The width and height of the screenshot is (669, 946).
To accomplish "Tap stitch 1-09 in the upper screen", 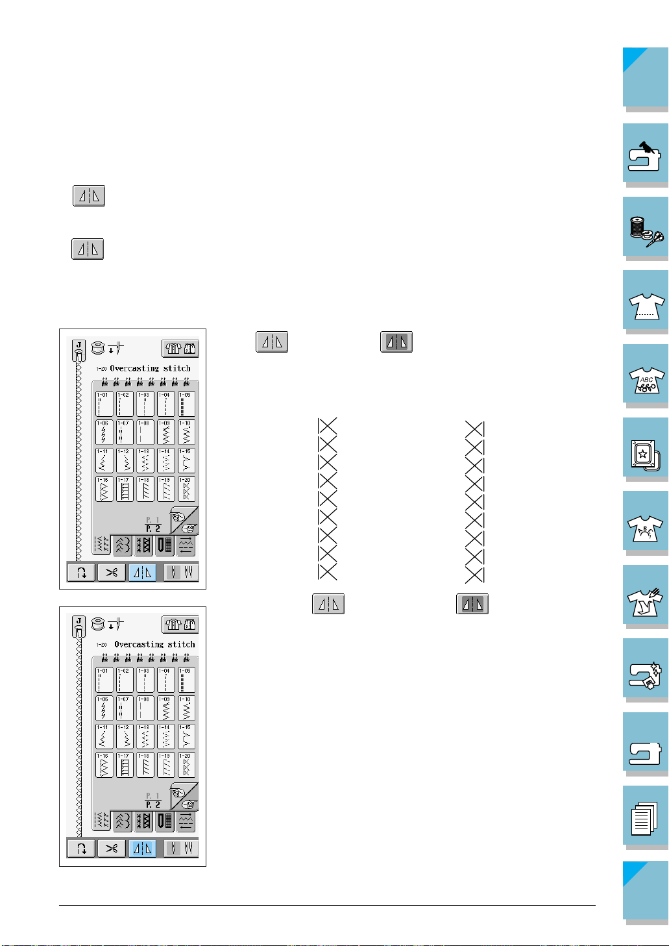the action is (x=165, y=432).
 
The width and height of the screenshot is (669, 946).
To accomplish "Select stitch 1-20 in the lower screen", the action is (x=186, y=764).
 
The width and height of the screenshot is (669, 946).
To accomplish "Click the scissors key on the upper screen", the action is (x=112, y=573).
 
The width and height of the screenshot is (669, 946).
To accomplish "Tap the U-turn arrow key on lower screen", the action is (x=81, y=848).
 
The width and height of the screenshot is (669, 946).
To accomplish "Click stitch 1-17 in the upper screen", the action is (x=124, y=489).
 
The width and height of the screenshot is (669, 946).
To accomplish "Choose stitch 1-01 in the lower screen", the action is (x=103, y=680).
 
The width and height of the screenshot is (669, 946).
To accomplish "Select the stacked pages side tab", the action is (x=646, y=817).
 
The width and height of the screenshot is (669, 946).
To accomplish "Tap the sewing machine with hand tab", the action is (x=646, y=154).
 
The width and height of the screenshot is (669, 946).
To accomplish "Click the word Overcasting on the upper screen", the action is (x=134, y=368).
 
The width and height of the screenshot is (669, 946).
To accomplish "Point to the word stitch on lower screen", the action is (x=181, y=645).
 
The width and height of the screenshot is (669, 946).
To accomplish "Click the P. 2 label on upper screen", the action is (x=153, y=529).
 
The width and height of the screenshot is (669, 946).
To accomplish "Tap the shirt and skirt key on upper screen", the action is (x=180, y=349).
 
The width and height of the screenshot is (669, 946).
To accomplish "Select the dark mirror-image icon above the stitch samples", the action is (x=396, y=342).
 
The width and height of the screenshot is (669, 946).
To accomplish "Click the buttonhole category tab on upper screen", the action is (x=165, y=545).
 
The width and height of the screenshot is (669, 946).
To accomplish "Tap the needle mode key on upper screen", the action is (x=181, y=573).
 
